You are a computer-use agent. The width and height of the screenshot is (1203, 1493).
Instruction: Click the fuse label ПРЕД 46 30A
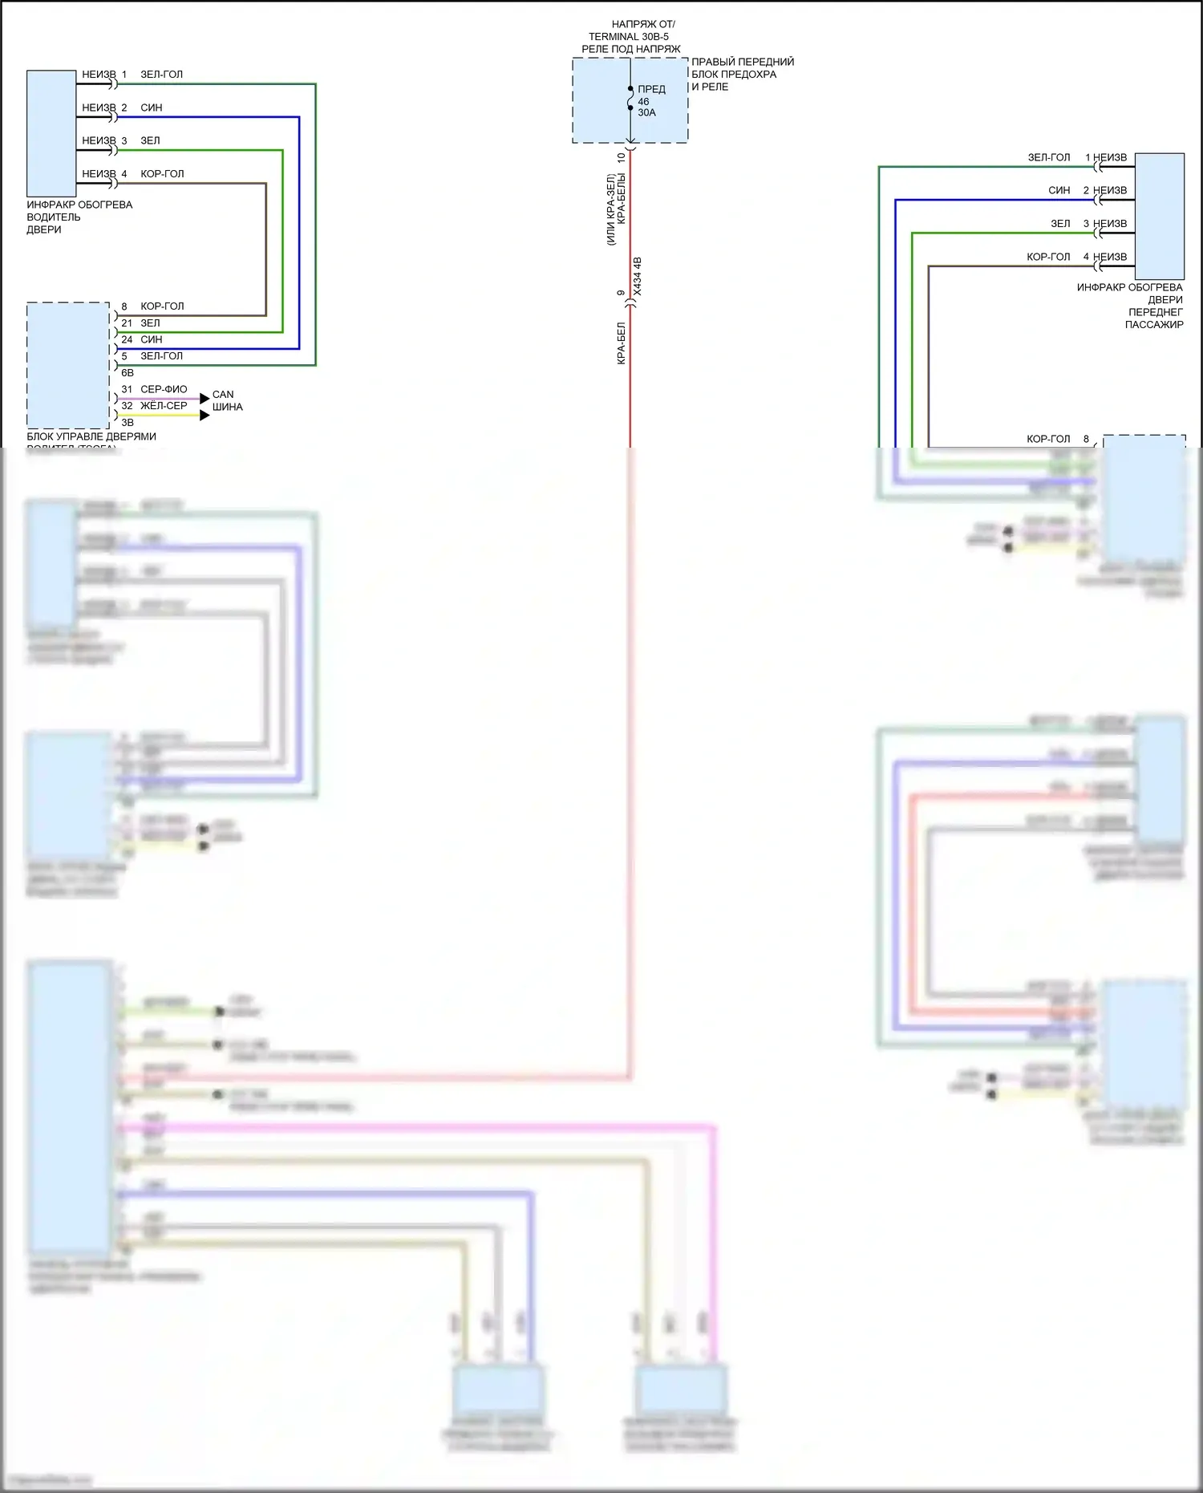[x=650, y=101]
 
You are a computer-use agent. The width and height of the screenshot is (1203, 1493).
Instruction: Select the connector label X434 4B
[x=638, y=276]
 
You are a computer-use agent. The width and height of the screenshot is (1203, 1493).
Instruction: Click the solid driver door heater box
[x=51, y=133]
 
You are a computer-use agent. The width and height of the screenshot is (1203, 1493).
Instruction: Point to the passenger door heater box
[x=1159, y=216]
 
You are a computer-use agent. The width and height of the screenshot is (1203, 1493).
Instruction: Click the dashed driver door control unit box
[x=68, y=365]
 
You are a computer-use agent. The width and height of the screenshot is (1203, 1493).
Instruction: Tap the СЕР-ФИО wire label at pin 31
[x=164, y=389]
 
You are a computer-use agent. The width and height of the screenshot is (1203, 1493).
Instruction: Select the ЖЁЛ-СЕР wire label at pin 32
[x=164, y=406]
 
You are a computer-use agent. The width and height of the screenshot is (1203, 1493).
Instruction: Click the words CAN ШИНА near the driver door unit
[x=227, y=400]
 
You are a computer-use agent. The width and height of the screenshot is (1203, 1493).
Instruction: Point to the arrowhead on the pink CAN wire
[x=205, y=398]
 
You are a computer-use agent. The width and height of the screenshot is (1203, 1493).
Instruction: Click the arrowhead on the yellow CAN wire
[x=205, y=415]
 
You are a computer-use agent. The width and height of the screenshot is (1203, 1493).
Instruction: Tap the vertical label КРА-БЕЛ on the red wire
[x=621, y=344]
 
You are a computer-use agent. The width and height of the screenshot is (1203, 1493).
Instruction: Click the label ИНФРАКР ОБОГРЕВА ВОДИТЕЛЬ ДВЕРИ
[x=79, y=217]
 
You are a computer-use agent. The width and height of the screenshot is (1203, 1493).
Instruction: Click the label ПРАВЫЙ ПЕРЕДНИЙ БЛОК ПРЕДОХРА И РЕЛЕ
[x=743, y=74]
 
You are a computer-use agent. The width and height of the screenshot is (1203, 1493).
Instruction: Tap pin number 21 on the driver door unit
[x=127, y=323]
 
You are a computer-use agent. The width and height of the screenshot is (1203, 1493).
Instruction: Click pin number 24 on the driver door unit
[x=127, y=339]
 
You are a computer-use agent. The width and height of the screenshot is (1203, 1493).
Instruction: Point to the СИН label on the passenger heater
[x=1059, y=190]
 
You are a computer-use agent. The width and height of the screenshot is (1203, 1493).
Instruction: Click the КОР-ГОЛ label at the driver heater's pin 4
[x=162, y=173]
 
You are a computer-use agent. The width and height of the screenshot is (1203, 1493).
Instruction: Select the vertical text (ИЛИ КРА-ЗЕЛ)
[x=610, y=209]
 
